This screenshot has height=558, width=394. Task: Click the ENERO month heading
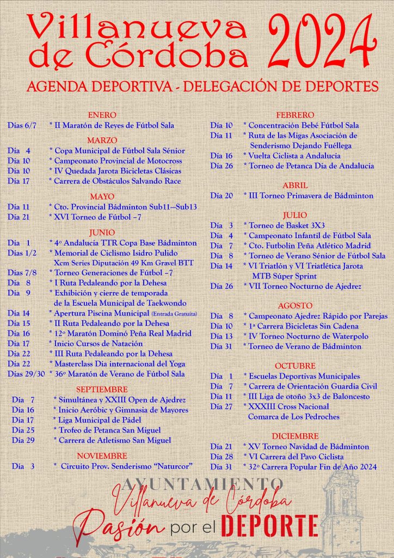[x=102, y=115]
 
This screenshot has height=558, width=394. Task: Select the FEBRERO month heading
[x=295, y=115]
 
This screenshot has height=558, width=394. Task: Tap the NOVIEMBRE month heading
[x=102, y=456]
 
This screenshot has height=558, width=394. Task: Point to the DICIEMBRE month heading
[x=295, y=436]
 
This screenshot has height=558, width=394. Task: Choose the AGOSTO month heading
[x=295, y=306]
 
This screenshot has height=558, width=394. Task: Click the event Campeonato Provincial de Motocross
[x=118, y=161]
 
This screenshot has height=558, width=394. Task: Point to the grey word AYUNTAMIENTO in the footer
[x=196, y=483]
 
